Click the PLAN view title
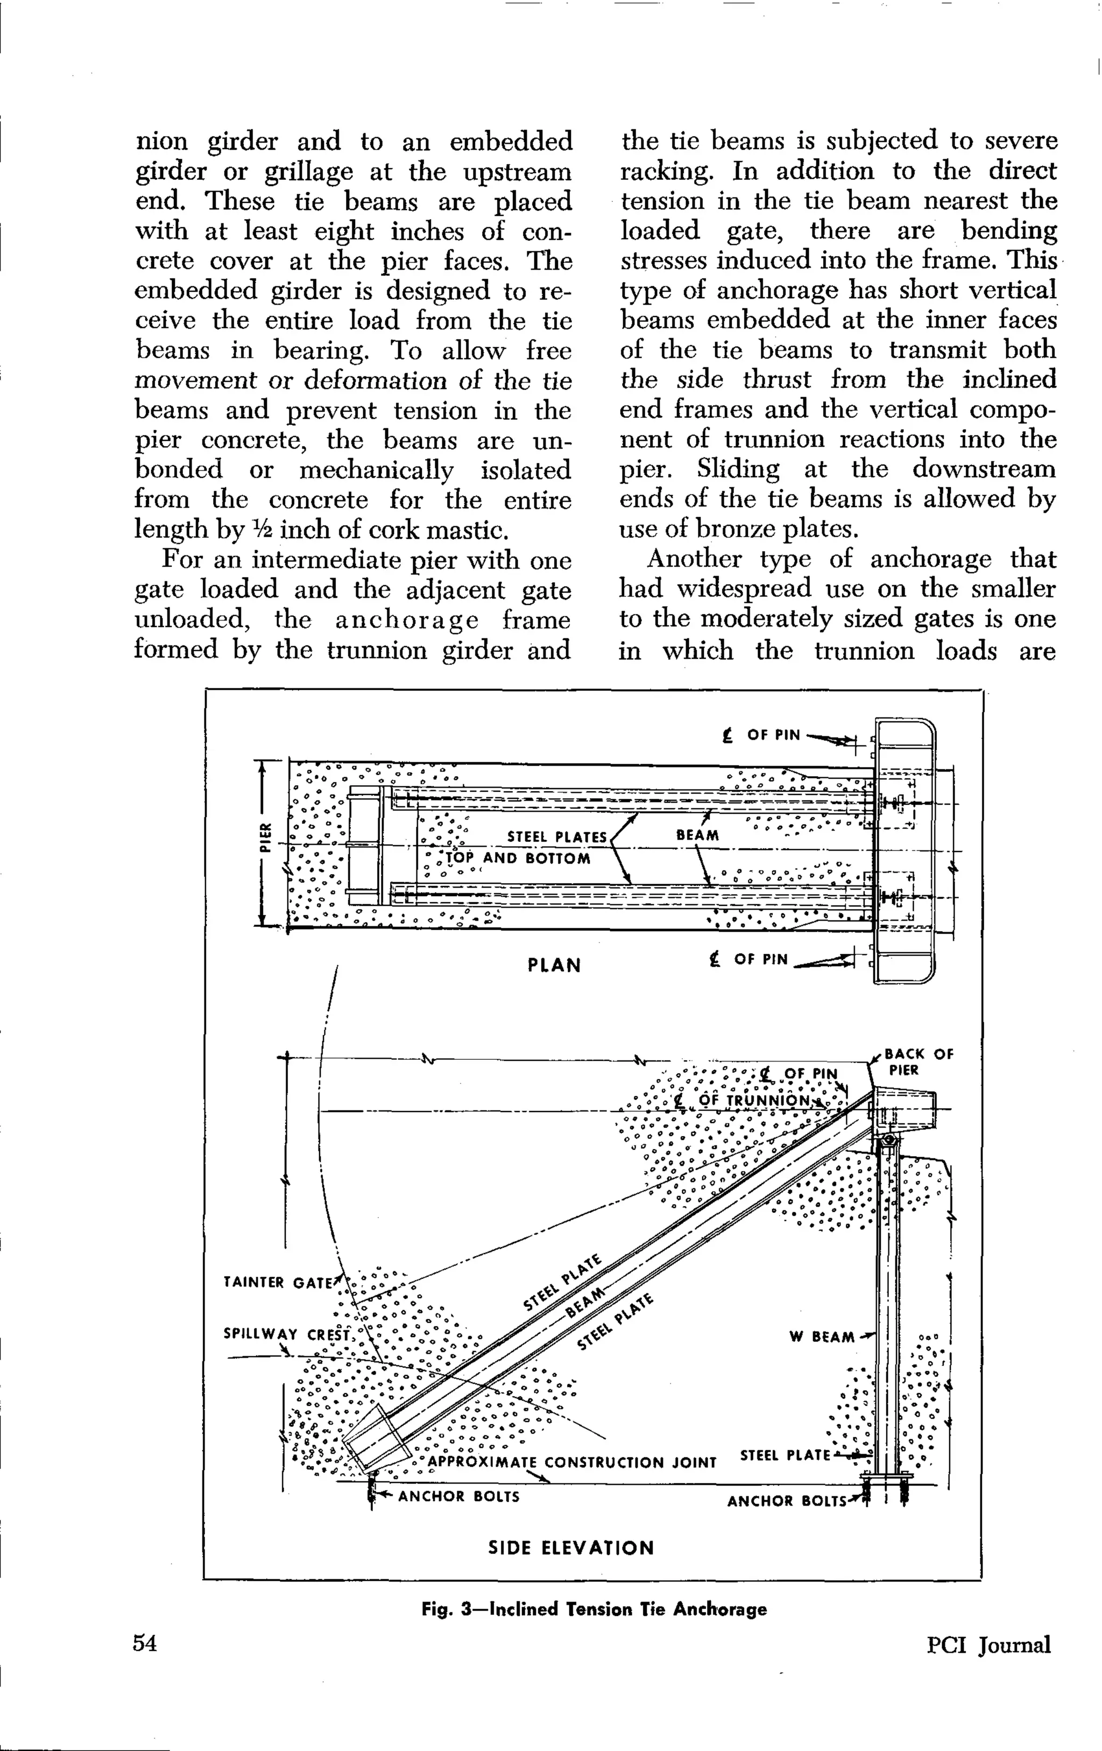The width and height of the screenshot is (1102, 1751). click(x=554, y=966)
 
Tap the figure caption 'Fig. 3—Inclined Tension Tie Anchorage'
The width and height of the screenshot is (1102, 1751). click(x=594, y=1608)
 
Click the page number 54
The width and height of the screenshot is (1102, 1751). click(x=145, y=1643)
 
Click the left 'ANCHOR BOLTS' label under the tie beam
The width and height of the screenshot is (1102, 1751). click(x=458, y=1496)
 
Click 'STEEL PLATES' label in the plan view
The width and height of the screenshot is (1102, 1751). click(x=557, y=837)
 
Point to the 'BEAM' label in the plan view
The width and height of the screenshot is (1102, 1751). click(x=697, y=835)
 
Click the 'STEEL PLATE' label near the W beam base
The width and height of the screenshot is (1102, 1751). click(x=785, y=1455)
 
